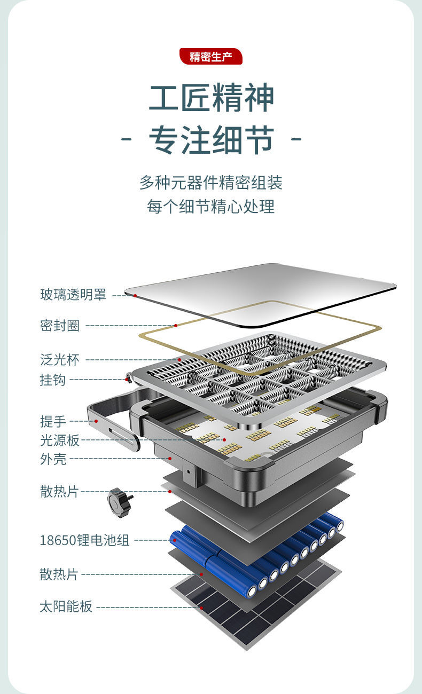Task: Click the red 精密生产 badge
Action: click(x=211, y=57)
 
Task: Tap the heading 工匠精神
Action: click(x=211, y=98)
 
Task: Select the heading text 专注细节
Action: click(x=211, y=140)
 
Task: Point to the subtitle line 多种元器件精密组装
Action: click(x=211, y=183)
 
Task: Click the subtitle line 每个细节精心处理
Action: click(x=211, y=206)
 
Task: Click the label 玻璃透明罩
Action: click(x=73, y=295)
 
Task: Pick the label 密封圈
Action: click(x=60, y=326)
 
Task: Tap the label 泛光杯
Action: click(x=60, y=360)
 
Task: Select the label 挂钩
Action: click(x=53, y=380)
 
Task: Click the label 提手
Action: click(x=53, y=421)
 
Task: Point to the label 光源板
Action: click(x=60, y=440)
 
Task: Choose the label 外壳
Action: click(x=53, y=459)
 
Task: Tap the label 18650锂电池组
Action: click(x=84, y=540)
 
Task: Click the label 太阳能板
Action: click(x=66, y=607)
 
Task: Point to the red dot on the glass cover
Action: click(x=135, y=295)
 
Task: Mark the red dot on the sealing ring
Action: click(x=175, y=325)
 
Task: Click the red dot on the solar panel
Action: click(x=201, y=607)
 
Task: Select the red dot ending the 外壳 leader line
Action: click(x=170, y=458)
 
